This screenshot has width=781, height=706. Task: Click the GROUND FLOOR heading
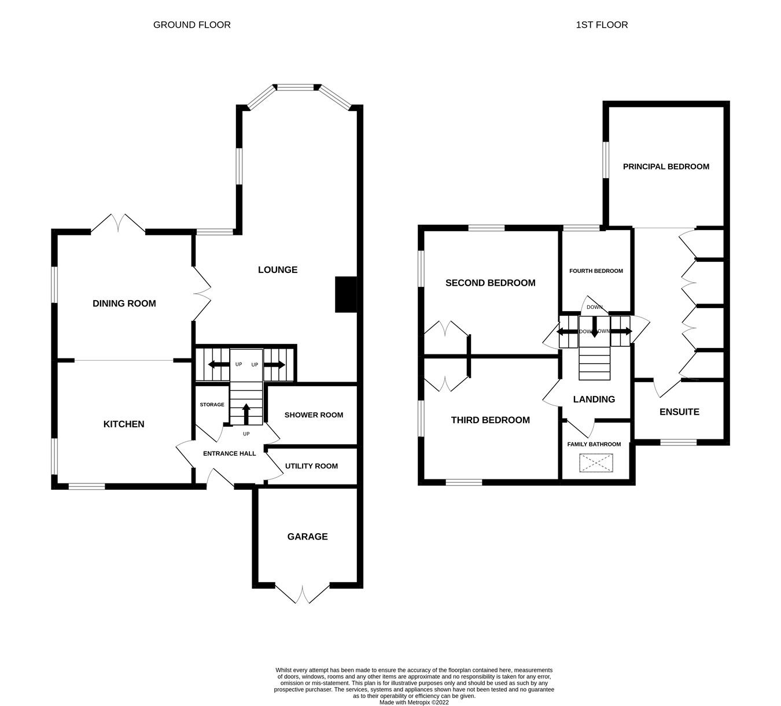pyautogui.click(x=191, y=25)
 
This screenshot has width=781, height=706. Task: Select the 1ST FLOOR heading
pyautogui.click(x=602, y=25)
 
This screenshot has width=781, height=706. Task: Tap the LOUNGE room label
pyautogui.click(x=278, y=269)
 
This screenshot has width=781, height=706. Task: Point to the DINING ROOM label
pyautogui.click(x=124, y=303)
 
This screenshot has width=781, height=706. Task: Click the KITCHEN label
pyautogui.click(x=124, y=424)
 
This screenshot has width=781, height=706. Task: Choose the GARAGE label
pyautogui.click(x=307, y=537)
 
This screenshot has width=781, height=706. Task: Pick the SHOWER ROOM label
pyautogui.click(x=314, y=415)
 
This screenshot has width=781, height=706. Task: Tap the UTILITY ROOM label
pyautogui.click(x=311, y=466)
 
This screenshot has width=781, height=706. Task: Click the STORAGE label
pyautogui.click(x=212, y=405)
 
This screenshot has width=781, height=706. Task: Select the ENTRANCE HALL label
pyautogui.click(x=229, y=453)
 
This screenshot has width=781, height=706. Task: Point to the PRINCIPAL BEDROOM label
pyautogui.click(x=666, y=167)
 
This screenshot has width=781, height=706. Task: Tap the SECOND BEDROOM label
pyautogui.click(x=490, y=283)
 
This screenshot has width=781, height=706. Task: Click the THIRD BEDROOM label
pyautogui.click(x=490, y=420)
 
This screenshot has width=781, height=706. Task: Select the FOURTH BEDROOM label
pyautogui.click(x=596, y=271)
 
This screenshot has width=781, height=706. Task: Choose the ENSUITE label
pyautogui.click(x=679, y=412)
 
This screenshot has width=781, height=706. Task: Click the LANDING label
pyautogui.click(x=594, y=399)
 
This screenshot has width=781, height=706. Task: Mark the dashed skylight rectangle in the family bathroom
pyautogui.click(x=596, y=463)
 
